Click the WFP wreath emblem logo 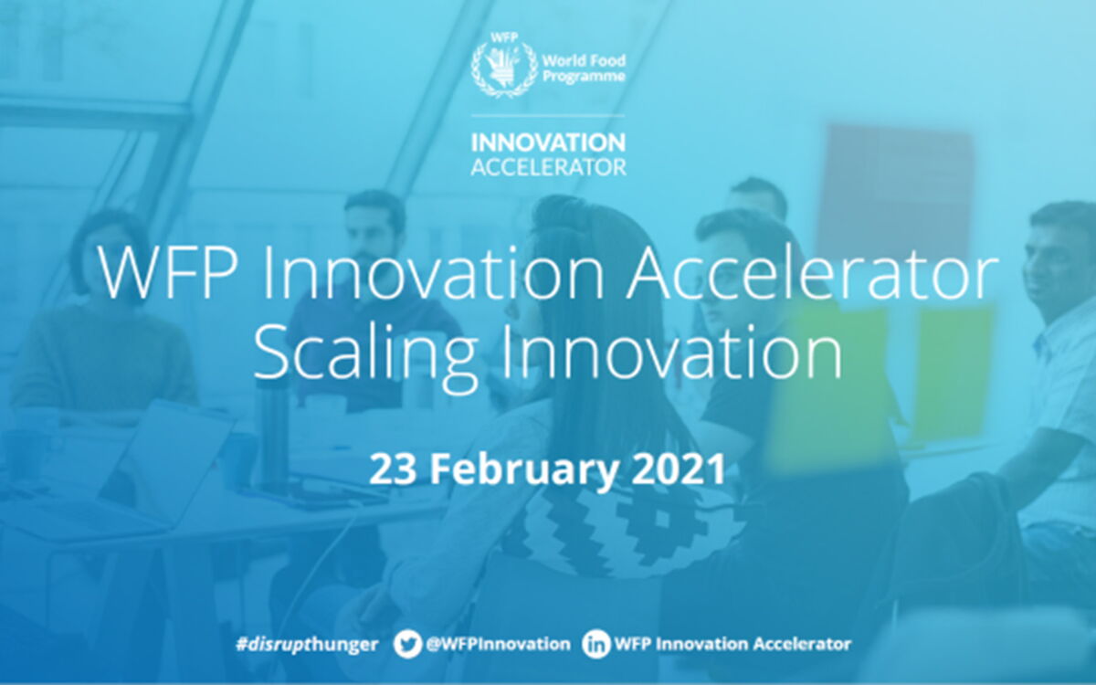coord(503,68)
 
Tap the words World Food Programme coord(585,68)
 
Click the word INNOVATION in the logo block coord(548,142)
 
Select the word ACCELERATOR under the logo coord(548,167)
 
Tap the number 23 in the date coord(392,469)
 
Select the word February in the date coord(523,469)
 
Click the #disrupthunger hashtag coord(307,645)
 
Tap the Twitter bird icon coord(407,644)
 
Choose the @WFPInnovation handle coord(498,644)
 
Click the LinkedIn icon coord(595,644)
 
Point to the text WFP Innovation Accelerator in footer coord(732,644)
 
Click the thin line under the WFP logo coord(548,116)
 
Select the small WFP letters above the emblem coord(504,37)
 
